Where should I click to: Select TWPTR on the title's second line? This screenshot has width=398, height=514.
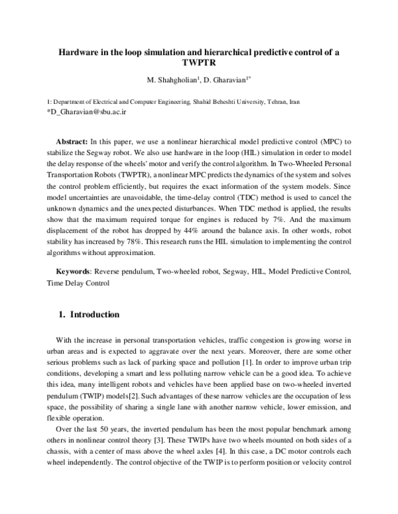[x=200, y=64]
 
